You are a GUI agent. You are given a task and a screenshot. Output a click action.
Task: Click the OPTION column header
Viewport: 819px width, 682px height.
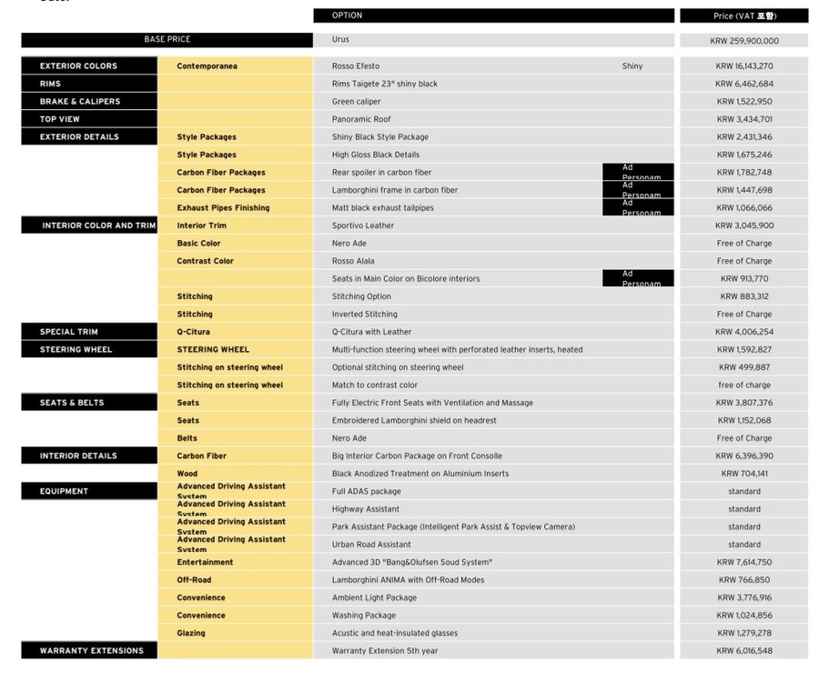click(x=347, y=15)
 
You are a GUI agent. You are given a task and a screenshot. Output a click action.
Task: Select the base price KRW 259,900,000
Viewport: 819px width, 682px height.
click(x=743, y=41)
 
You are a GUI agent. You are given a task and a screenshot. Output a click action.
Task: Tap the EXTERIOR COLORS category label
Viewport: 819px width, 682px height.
click(x=78, y=66)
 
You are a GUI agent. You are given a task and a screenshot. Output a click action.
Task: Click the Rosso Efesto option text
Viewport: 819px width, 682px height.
click(x=356, y=66)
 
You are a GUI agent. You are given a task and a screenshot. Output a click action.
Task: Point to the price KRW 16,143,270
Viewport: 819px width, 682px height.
click(x=743, y=66)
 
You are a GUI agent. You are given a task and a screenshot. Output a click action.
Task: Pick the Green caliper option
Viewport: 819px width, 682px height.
click(x=357, y=102)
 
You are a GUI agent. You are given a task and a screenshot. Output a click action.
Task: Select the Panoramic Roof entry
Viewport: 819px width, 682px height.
click(x=361, y=119)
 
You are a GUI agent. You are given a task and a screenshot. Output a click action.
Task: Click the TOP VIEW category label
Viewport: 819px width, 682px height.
click(x=60, y=119)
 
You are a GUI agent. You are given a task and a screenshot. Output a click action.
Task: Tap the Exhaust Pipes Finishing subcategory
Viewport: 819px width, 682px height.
click(x=223, y=208)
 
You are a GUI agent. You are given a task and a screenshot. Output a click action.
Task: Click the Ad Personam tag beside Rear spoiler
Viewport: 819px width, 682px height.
click(x=638, y=173)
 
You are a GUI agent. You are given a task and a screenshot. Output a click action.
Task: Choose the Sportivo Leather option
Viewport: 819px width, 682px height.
click(x=363, y=226)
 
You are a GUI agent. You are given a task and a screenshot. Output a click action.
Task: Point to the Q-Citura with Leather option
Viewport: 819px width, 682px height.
click(x=371, y=332)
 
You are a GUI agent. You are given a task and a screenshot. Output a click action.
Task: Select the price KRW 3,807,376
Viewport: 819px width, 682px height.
click(x=743, y=403)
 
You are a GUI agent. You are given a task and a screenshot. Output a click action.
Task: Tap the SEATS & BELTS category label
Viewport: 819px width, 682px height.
click(x=72, y=403)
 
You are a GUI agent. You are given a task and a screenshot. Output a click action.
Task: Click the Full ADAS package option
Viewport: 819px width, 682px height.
click(x=366, y=492)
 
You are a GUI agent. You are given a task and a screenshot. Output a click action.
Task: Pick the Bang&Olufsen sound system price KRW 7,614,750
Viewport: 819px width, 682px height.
click(x=743, y=563)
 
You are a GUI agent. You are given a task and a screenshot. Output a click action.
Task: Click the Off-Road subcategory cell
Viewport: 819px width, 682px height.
click(x=194, y=580)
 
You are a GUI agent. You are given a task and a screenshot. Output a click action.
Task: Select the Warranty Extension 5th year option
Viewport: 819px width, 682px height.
click(x=385, y=651)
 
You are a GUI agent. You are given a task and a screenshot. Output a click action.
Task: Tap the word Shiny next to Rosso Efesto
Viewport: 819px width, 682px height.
click(x=632, y=66)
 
